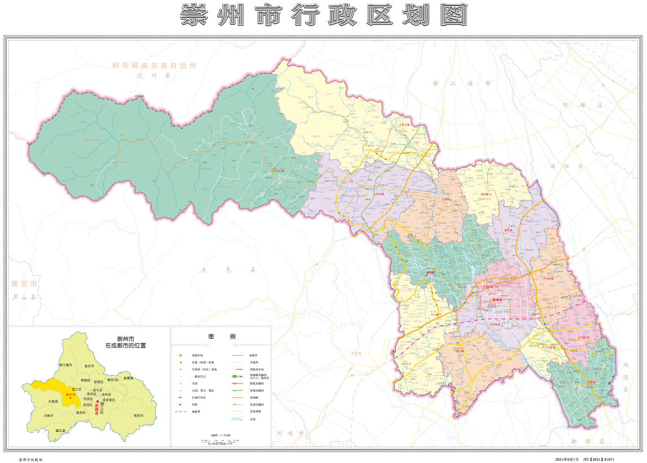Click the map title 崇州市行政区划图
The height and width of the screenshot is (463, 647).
pyautogui.click(x=323, y=15)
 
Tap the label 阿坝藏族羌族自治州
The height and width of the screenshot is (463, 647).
pyautogui.click(x=153, y=66)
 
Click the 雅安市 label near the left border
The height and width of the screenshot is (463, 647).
pyautogui.click(x=24, y=284)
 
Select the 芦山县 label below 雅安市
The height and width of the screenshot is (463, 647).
pyautogui.click(x=24, y=297)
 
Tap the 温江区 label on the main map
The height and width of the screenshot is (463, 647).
pyautogui.click(x=560, y=166)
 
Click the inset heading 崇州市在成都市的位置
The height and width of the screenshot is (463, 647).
pyautogui.click(x=125, y=342)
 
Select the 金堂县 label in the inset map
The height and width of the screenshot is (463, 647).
pyautogui.click(x=128, y=378)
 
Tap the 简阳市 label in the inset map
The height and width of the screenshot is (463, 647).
pyautogui.click(x=138, y=416)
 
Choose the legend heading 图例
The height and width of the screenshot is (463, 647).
pyautogui.click(x=221, y=336)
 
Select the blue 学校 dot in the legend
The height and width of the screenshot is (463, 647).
pyautogui.click(x=180, y=404)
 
